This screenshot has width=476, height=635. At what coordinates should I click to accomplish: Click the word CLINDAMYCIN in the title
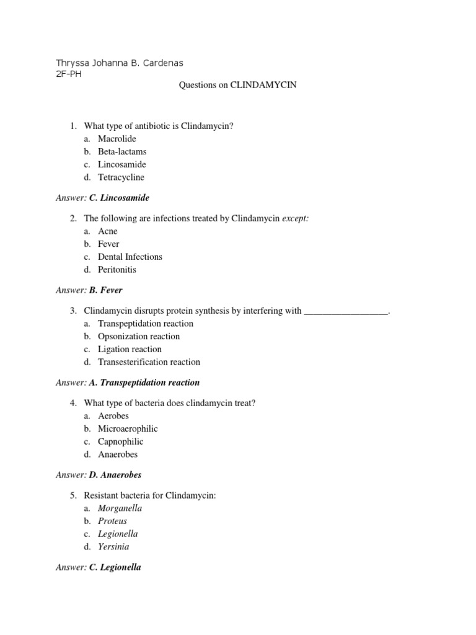coord(263,85)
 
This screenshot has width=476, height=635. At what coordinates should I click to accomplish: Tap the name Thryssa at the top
coord(73,63)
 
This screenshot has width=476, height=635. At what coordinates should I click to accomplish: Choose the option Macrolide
coord(117,138)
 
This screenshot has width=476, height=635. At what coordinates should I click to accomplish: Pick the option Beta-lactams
coord(122,151)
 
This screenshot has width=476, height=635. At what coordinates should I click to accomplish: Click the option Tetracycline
coord(121,177)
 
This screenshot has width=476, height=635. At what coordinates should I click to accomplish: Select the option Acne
coord(108,231)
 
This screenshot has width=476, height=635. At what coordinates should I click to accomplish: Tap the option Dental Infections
coord(130,256)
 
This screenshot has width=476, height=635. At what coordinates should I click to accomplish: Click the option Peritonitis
coord(117,269)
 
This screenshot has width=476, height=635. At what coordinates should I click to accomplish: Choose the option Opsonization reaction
coord(139,336)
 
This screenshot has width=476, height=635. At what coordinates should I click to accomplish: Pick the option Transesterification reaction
coord(149,362)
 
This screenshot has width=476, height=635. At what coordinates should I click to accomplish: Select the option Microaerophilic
coord(128,429)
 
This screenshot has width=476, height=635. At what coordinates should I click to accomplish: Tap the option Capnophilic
coord(120,442)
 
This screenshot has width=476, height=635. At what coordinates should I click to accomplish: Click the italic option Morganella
coord(120,508)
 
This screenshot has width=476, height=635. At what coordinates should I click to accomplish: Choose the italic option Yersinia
coord(113,546)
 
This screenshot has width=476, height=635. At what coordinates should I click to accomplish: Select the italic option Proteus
coord(112,521)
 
